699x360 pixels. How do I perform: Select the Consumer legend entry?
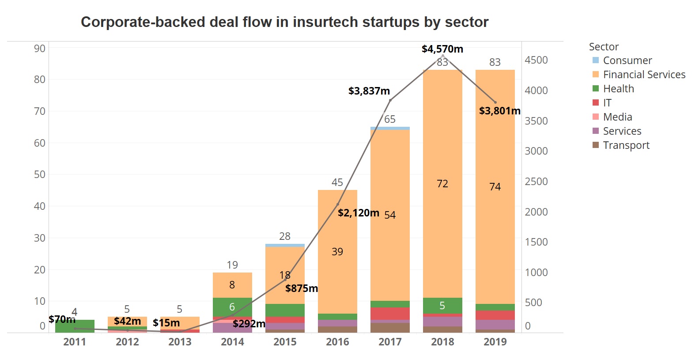(x=627, y=61)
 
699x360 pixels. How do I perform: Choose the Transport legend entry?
(x=626, y=145)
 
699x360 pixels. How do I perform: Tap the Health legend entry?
(x=618, y=89)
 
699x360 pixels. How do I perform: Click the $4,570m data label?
(x=442, y=49)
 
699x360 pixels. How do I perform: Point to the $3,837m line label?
(x=369, y=91)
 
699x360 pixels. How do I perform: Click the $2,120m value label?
(x=358, y=213)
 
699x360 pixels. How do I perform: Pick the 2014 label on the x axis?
(x=232, y=342)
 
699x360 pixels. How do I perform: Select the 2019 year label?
(x=495, y=342)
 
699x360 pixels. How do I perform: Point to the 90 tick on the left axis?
(x=40, y=49)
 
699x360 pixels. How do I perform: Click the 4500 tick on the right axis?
(x=536, y=60)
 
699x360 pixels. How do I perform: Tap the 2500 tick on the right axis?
(x=536, y=182)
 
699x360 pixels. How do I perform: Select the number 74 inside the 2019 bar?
(x=495, y=187)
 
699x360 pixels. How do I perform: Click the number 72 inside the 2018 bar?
(x=442, y=184)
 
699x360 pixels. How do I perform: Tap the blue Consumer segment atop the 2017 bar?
(x=390, y=128)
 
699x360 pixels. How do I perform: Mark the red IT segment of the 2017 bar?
(x=390, y=313)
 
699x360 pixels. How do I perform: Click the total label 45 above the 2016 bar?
(x=337, y=182)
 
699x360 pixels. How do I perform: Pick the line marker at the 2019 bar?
(x=495, y=102)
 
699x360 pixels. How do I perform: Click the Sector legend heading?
(x=604, y=47)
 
